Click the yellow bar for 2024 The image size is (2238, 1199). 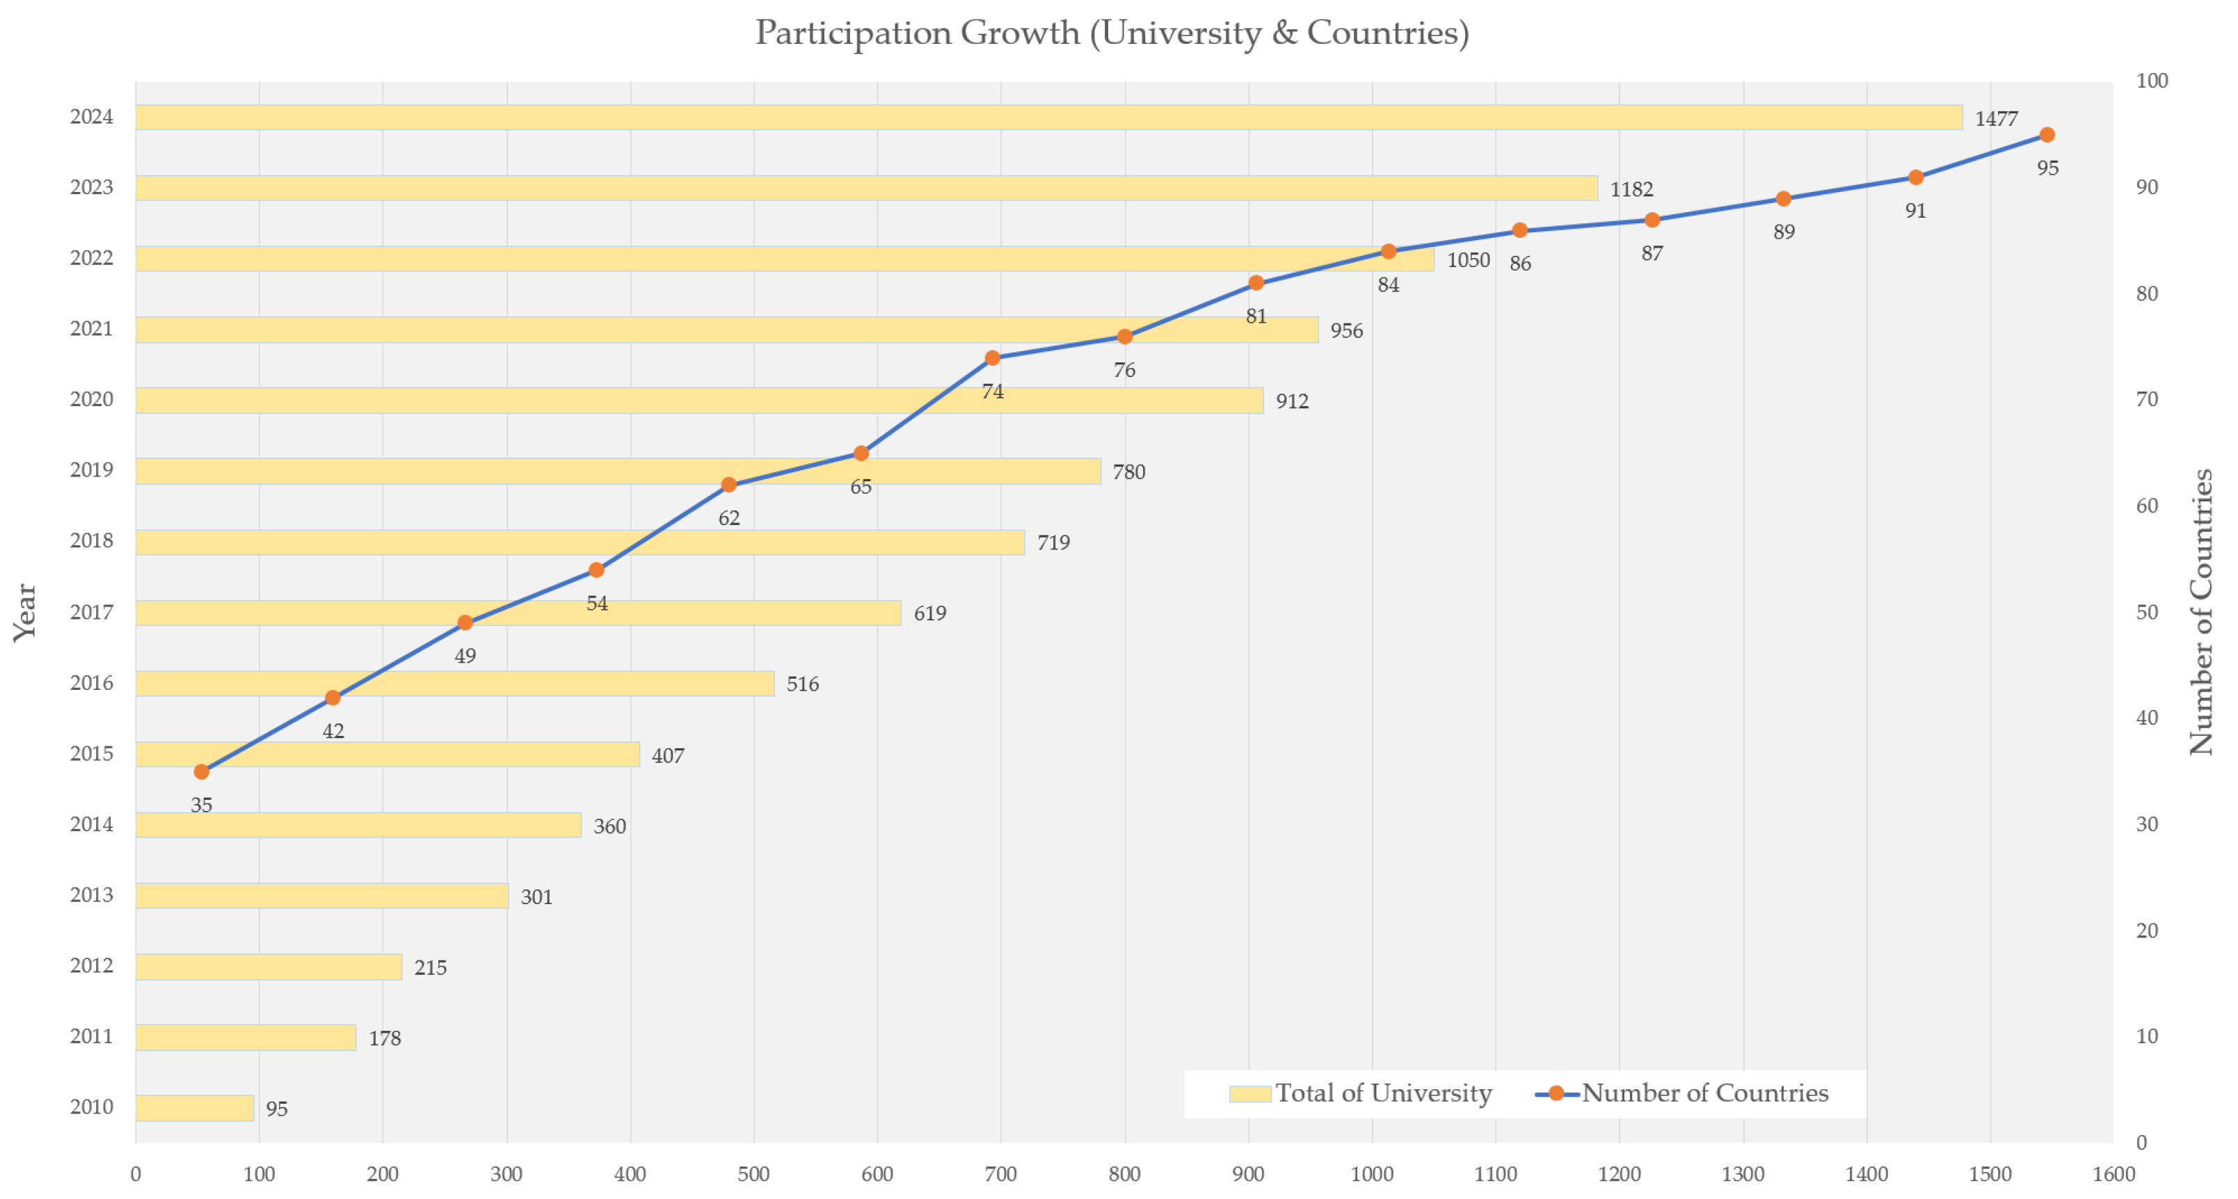pos(1043,118)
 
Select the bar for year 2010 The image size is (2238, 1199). pos(195,1108)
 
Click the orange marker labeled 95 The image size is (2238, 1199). pos(2047,135)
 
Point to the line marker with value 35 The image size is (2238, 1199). pos(202,771)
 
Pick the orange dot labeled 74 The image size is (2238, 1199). pos(992,358)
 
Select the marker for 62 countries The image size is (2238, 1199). pos(729,485)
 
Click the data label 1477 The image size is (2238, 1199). pos(1996,119)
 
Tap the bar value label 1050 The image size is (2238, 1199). pos(1467,260)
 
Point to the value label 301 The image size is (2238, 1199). pos(536,896)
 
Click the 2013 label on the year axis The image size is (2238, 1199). pos(91,895)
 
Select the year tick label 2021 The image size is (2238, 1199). pos(91,328)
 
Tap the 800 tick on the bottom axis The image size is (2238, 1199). pos(1124,1175)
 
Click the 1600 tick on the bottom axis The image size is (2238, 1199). pos(2113,1175)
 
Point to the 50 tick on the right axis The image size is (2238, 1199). pos(2146,613)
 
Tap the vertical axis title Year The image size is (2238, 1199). pos(24,613)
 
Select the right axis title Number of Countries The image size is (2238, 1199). pos(2200,613)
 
